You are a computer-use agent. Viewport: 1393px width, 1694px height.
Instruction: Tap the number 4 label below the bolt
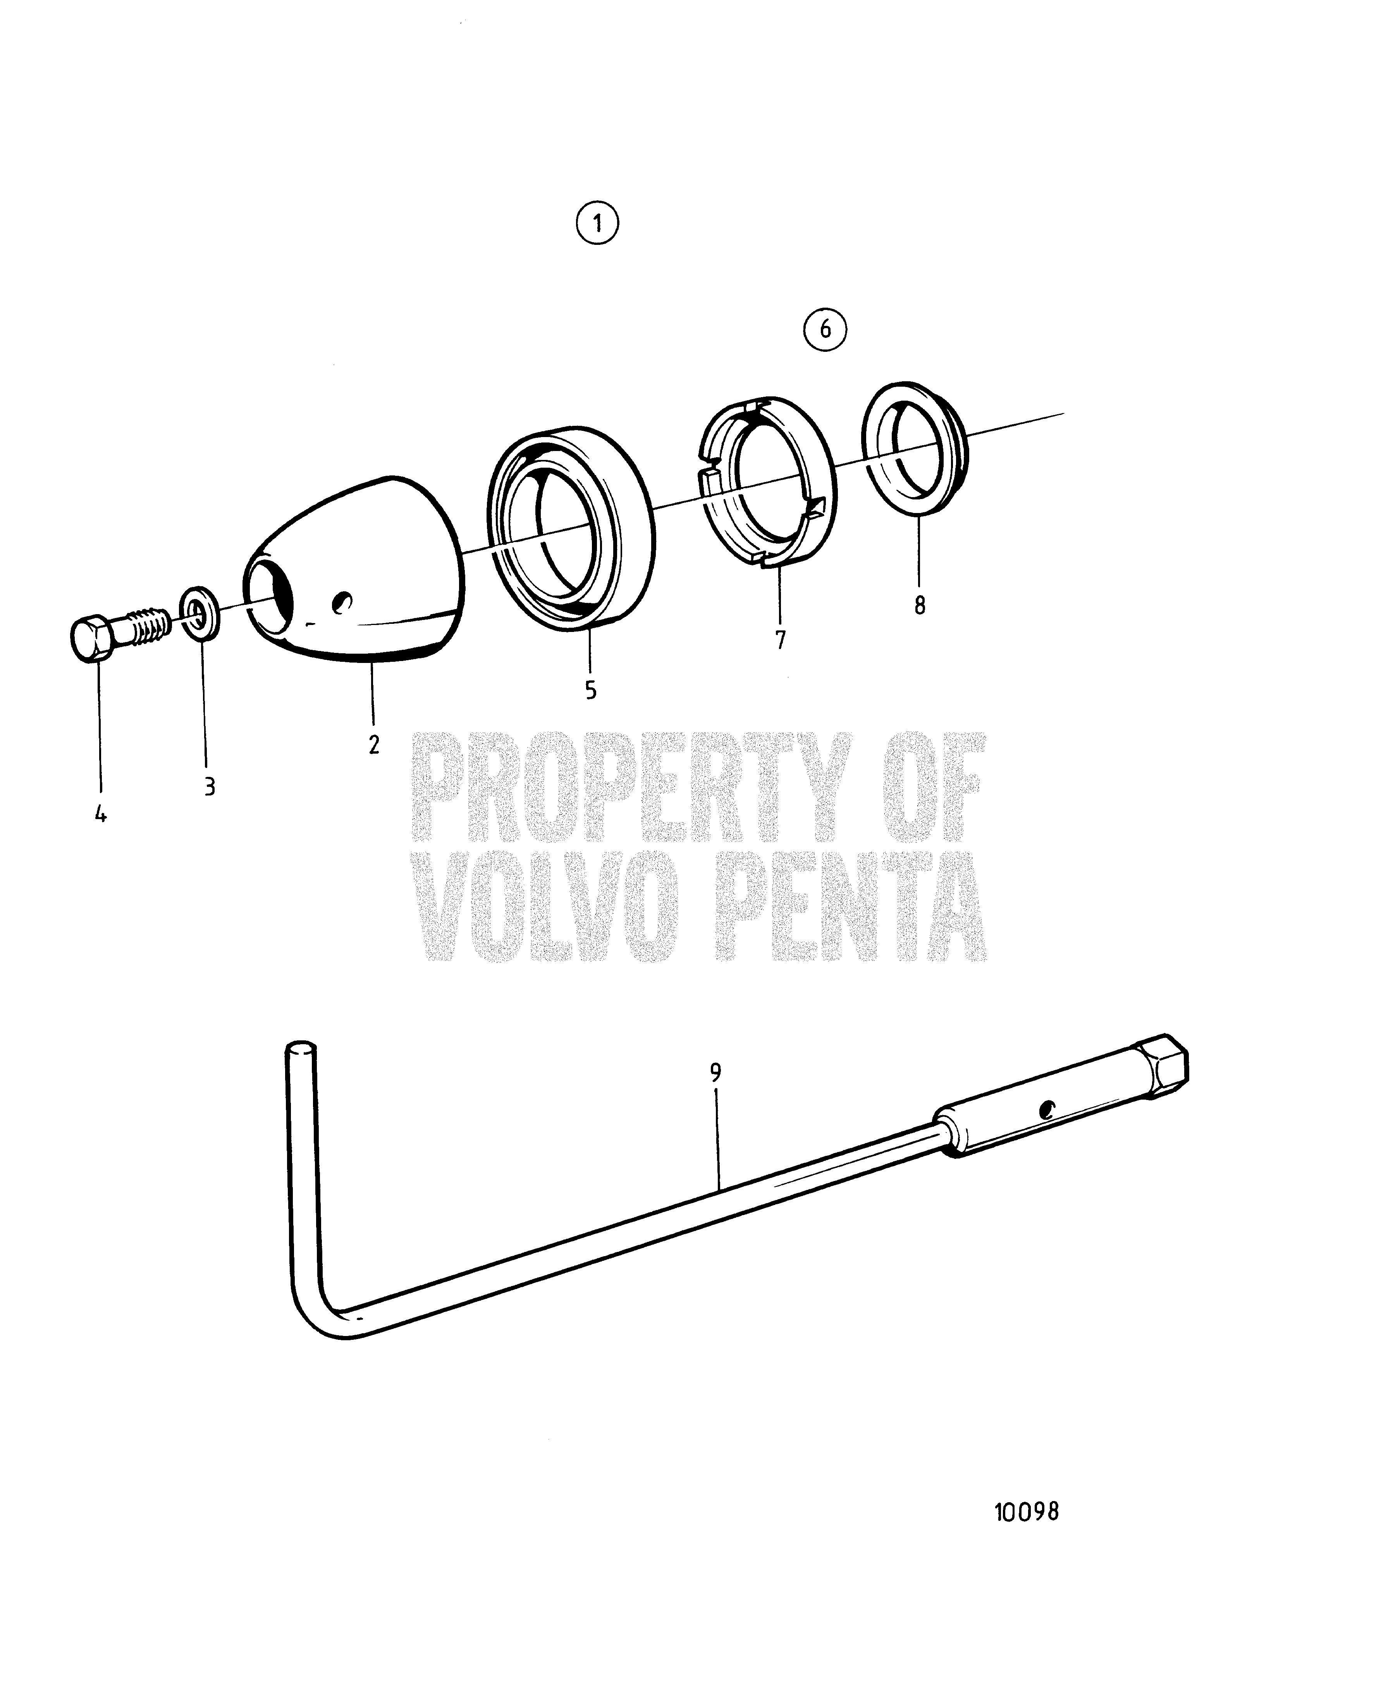100,814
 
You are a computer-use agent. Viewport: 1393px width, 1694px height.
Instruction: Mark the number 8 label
920,605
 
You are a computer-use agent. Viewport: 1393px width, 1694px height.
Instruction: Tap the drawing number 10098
1026,1512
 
